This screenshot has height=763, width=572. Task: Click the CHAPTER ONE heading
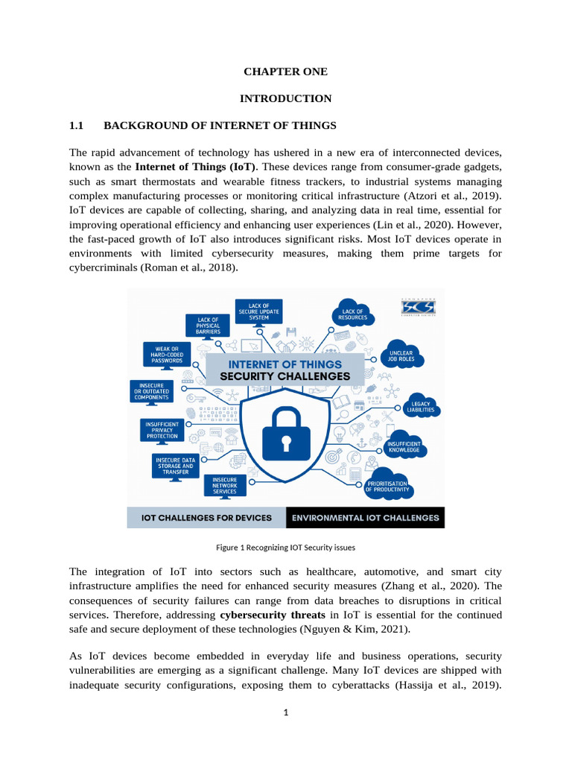pyautogui.click(x=285, y=72)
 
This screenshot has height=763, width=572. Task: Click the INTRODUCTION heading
pyautogui.click(x=285, y=98)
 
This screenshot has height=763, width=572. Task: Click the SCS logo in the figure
pyautogui.click(x=418, y=307)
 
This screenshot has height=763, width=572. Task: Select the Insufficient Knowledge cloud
pyautogui.click(x=403, y=447)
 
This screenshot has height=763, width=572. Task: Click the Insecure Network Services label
pyautogui.click(x=224, y=486)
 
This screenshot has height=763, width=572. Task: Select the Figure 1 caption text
pyautogui.click(x=285, y=547)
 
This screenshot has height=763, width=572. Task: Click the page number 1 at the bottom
pyautogui.click(x=285, y=712)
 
